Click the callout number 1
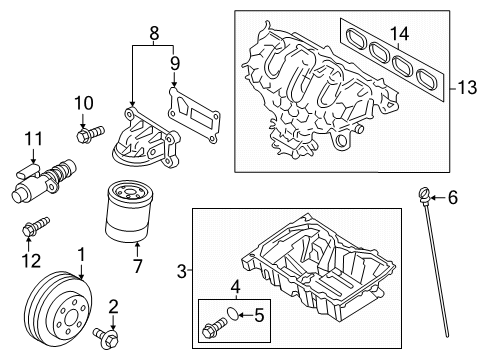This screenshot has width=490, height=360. [81, 255]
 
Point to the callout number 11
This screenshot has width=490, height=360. [32, 137]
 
